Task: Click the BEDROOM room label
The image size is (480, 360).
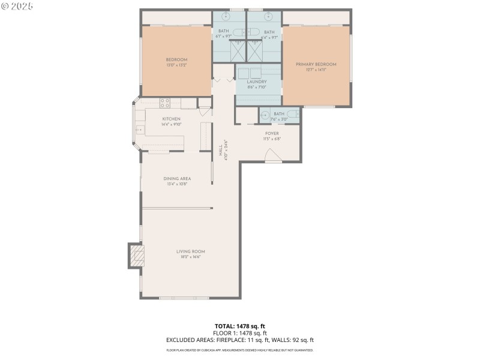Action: tap(176, 59)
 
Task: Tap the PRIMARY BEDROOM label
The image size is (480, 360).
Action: tap(316, 64)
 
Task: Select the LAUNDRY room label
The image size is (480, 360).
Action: tap(256, 82)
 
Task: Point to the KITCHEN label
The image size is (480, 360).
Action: tap(171, 119)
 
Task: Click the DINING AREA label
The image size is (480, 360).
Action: tap(177, 178)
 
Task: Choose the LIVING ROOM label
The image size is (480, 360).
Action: tap(191, 251)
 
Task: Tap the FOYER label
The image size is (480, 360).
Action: tap(272, 133)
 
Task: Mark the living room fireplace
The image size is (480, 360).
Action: tap(138, 257)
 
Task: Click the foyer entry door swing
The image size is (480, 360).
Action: tap(273, 157)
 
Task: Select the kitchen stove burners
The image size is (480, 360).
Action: tap(164, 103)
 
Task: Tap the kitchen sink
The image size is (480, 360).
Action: tap(139, 129)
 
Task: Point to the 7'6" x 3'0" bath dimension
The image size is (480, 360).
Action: tap(279, 119)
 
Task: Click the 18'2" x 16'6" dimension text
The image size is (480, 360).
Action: tap(191, 257)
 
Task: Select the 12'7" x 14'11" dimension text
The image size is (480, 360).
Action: tap(316, 70)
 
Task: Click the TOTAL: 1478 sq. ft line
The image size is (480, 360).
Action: tap(240, 326)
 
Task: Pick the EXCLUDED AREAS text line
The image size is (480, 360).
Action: tap(240, 340)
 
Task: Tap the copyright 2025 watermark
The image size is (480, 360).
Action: tap(17, 6)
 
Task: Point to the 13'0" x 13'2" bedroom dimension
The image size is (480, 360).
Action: tap(176, 65)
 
